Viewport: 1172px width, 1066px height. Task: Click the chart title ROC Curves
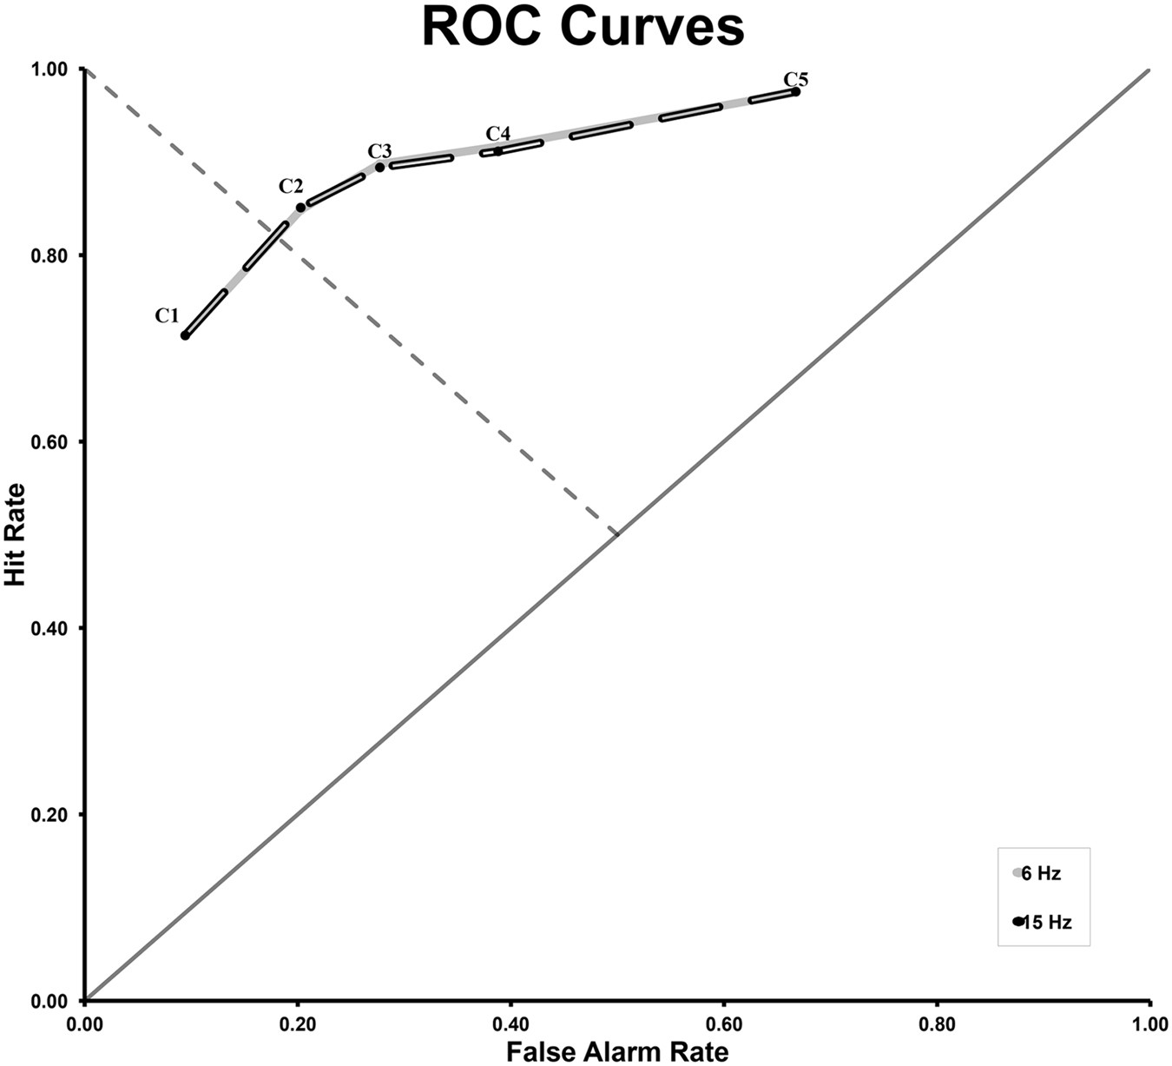tap(583, 27)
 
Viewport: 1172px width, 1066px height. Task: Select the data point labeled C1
tap(185, 335)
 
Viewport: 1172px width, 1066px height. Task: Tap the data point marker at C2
tap(300, 208)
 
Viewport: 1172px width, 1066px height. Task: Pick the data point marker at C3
tap(379, 167)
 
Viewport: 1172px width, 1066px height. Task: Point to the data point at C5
tap(795, 92)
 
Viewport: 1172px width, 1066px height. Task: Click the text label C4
tap(497, 134)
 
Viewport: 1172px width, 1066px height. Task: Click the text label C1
tap(167, 316)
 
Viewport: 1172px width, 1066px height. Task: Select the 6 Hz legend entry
tap(1039, 874)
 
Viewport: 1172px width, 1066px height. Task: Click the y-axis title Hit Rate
tap(15, 534)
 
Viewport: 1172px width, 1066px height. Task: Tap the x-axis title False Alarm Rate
tap(617, 1052)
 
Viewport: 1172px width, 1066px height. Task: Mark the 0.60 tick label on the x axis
tap(724, 1024)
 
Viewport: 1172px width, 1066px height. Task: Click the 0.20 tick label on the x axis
tap(298, 1024)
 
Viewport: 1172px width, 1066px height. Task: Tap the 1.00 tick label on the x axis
tap(1149, 1024)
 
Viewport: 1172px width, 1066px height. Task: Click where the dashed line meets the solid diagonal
tap(617, 534)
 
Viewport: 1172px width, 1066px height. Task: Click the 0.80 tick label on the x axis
tap(937, 1024)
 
